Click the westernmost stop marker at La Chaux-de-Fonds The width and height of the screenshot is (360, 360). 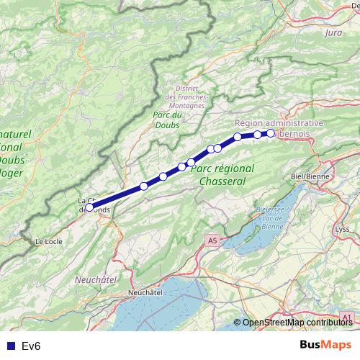[x=89, y=207]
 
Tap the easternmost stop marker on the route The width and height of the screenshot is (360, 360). [x=271, y=132]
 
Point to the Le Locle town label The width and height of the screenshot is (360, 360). [x=49, y=242]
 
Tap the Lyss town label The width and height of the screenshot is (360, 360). [x=343, y=230]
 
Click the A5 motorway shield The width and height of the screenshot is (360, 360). [x=211, y=240]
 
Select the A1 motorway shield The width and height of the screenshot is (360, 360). [x=347, y=316]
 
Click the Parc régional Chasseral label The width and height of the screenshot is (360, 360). [x=223, y=174]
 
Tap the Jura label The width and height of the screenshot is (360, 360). [x=333, y=33]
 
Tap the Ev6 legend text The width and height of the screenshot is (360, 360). [x=31, y=346]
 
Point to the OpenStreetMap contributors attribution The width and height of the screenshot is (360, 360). [x=297, y=323]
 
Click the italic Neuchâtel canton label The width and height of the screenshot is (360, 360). [x=96, y=278]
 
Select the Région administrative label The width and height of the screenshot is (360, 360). [x=279, y=123]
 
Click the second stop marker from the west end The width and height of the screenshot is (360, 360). [x=144, y=186]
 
